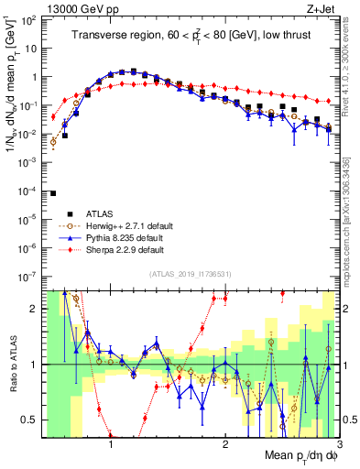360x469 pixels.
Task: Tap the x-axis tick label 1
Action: coord(111,445)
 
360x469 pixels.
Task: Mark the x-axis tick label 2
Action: coord(225,445)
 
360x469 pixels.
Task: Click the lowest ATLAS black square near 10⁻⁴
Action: coord(53,193)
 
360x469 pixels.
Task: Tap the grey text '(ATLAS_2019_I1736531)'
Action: coord(190,274)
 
